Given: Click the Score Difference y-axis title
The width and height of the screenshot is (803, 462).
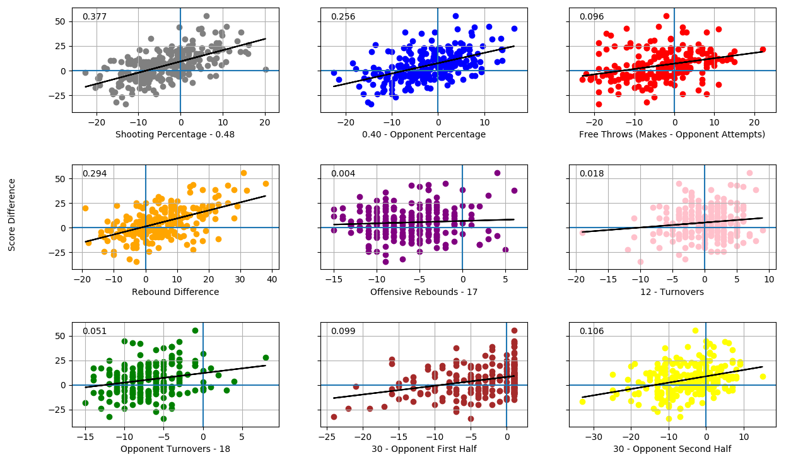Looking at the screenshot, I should (12, 214).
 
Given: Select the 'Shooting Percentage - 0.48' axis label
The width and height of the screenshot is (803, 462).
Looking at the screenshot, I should (175, 134).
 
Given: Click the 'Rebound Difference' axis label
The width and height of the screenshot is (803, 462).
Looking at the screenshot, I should (175, 292).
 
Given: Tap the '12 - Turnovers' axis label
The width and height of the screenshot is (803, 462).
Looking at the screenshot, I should (672, 292).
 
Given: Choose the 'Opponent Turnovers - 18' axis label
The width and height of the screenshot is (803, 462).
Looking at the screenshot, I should (175, 449).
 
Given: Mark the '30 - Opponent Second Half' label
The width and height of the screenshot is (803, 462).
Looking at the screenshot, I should (672, 449).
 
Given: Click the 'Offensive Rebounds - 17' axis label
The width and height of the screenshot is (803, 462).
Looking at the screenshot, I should (424, 292).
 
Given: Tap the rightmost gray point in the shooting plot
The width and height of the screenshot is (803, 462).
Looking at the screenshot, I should (266, 69).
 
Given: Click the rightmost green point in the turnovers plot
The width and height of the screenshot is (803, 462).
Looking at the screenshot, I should (266, 357).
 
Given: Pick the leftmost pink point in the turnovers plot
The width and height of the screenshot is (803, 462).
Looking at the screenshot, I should (583, 233).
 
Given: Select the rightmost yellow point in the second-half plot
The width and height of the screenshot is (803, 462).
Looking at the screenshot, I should (763, 376).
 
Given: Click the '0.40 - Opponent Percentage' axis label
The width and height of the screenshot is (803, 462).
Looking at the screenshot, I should (424, 134).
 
